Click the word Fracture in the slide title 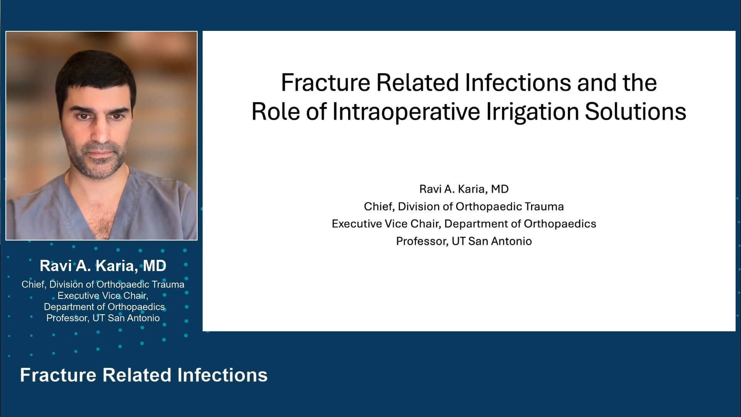(x=325, y=83)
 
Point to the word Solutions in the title (x=635, y=112)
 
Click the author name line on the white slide (x=464, y=189)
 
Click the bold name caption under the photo (x=103, y=266)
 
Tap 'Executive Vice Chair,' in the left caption (x=103, y=296)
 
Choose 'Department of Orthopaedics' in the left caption (x=104, y=307)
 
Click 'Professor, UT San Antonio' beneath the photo (x=103, y=318)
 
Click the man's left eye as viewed (x=82, y=115)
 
